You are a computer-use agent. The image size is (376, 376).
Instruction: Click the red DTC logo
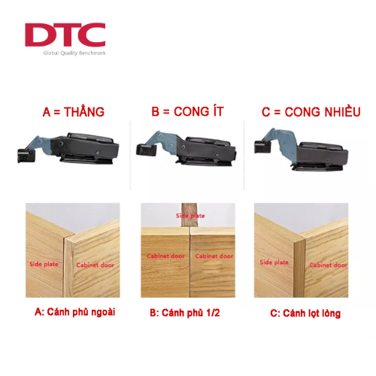click(x=65, y=35)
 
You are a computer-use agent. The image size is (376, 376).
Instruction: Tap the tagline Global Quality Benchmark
click(x=74, y=53)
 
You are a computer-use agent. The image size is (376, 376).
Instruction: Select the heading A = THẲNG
click(x=74, y=111)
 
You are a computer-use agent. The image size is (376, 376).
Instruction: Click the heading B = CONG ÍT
click(x=187, y=111)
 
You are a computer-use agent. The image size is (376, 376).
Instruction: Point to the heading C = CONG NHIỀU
click(x=311, y=112)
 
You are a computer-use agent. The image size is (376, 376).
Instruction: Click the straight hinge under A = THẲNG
click(x=68, y=148)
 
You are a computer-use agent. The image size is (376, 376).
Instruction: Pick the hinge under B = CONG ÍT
click(x=186, y=149)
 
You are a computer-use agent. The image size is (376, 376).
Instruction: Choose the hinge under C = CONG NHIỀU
click(x=301, y=150)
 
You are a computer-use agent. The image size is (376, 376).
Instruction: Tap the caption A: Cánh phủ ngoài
click(x=74, y=312)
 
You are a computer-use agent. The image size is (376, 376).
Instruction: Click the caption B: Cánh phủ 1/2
click(x=185, y=313)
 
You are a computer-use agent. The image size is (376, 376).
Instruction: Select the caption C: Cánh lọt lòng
click(x=305, y=314)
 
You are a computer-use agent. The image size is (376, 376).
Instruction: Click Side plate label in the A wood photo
click(x=44, y=264)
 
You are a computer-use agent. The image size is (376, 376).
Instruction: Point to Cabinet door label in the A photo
click(x=96, y=265)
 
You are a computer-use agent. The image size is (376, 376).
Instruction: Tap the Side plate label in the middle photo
click(x=190, y=216)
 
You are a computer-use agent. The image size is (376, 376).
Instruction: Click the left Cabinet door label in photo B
click(x=165, y=256)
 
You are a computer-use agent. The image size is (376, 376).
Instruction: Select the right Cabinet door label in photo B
click(x=214, y=256)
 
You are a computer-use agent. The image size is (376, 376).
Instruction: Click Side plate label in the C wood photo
click(x=274, y=262)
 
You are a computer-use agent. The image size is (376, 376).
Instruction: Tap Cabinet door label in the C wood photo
click(x=329, y=265)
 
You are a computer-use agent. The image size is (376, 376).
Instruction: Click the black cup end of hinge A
click(x=25, y=156)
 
